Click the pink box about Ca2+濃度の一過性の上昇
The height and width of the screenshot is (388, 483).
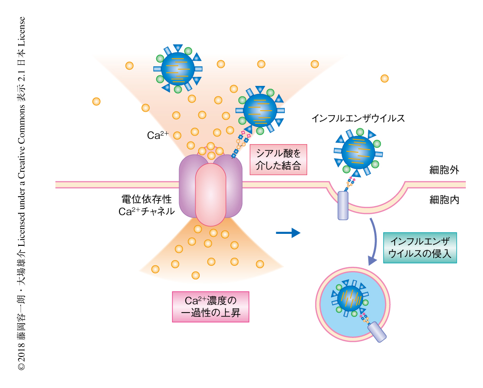click(x=210, y=306)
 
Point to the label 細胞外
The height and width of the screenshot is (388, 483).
click(x=444, y=170)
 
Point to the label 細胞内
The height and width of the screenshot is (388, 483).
click(x=444, y=200)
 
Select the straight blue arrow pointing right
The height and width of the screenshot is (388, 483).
click(x=288, y=233)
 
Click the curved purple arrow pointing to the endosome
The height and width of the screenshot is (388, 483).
click(x=373, y=241)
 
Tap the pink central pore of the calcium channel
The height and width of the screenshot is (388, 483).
click(x=210, y=194)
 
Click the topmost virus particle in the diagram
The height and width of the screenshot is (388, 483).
click(x=178, y=69)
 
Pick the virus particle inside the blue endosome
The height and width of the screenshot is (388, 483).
click(x=351, y=299)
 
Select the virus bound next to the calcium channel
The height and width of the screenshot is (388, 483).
click(x=260, y=110)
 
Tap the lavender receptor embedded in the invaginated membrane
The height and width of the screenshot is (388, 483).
click(x=343, y=205)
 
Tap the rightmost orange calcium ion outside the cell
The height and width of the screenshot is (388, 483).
click(x=384, y=78)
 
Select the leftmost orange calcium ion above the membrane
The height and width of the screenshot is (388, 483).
click(x=96, y=101)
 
